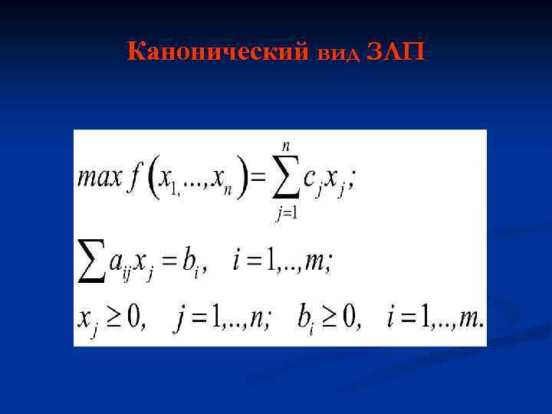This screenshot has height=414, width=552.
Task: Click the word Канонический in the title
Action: pos(218,53)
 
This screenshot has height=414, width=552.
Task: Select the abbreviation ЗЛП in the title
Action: pos(396,53)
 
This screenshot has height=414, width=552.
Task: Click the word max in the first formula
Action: pos(100,180)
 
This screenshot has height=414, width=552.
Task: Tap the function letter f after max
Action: pos(137,180)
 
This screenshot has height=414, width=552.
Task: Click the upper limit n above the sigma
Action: pos(286,144)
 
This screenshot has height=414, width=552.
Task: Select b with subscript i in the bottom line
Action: pos(306,316)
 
